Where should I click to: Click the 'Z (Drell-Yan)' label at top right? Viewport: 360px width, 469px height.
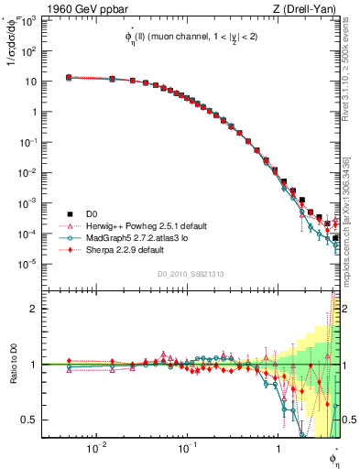[311, 8]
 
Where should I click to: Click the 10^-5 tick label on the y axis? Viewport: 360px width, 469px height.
[30, 264]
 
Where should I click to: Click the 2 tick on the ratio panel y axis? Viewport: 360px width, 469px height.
[37, 309]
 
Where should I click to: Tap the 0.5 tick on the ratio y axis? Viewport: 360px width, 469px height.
[32, 420]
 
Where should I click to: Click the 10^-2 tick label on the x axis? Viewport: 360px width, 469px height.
[95, 449]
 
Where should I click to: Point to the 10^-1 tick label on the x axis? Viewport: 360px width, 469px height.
[186, 449]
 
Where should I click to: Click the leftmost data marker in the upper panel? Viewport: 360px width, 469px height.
[70, 78]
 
